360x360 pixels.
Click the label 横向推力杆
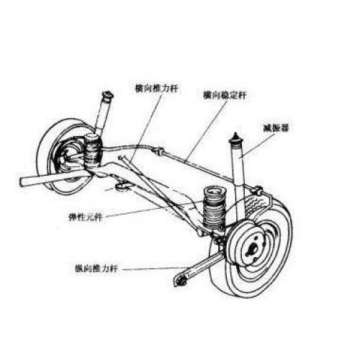point(157,89)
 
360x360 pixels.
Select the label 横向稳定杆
point(225,95)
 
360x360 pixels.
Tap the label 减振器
point(276,128)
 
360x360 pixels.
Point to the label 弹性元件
point(86,217)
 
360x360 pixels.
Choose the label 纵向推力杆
point(96,268)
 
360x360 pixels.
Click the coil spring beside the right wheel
point(215,207)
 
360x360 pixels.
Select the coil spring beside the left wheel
point(93,150)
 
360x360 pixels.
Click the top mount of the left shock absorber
point(108,96)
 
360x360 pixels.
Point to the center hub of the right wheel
point(252,249)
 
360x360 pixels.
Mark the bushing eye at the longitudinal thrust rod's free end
point(181,281)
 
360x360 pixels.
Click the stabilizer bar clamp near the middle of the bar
point(158,150)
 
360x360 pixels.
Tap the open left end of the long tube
point(22,182)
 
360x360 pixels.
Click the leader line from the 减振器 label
point(258,145)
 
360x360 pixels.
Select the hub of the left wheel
point(69,156)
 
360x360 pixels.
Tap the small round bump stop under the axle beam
point(122,186)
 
